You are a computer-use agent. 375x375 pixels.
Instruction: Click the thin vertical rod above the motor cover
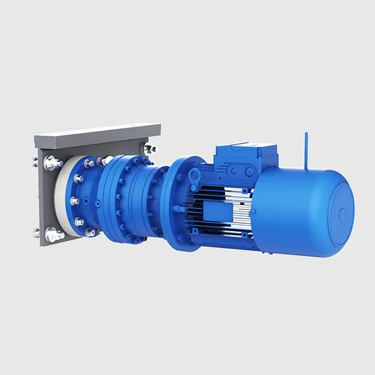tap(306, 150)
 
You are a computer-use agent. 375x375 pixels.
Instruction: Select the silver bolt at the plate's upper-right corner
tap(150, 149)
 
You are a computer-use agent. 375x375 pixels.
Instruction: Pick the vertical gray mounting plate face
tap(47, 200)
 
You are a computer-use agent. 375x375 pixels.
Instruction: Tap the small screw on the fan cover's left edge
tap(252, 211)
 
